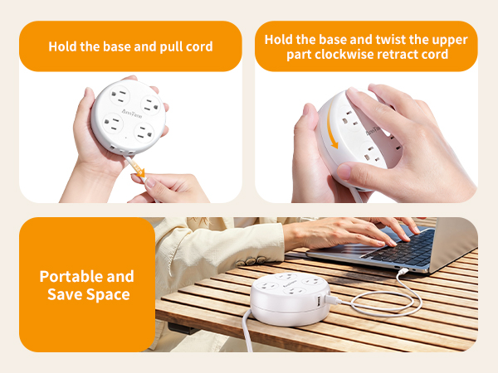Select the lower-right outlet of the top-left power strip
(145, 134)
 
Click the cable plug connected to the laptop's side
(401, 269)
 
